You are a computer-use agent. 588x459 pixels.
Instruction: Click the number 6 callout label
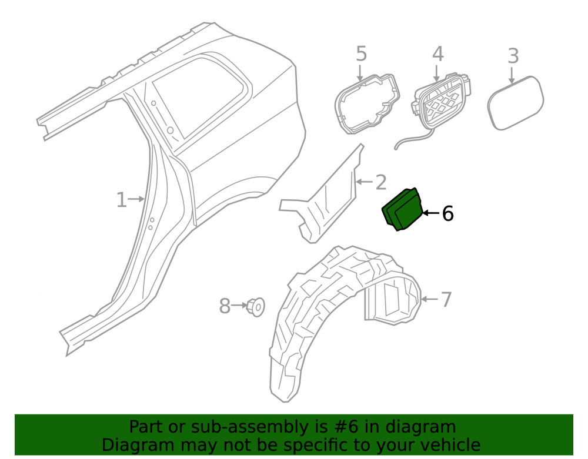tap(447, 213)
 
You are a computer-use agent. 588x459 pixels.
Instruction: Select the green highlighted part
tap(402, 209)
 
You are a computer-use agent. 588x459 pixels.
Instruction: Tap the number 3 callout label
tap(513, 56)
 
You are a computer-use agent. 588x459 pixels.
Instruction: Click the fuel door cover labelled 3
tap(515, 103)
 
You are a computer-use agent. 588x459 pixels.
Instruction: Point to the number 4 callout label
tap(437, 54)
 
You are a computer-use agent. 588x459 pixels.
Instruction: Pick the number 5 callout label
tap(361, 53)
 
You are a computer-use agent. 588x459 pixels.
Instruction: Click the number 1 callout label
tap(121, 200)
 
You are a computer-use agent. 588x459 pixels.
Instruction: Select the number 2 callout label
tap(380, 182)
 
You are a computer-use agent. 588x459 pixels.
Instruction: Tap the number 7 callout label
tap(446, 300)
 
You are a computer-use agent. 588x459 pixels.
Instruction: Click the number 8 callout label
tap(225, 306)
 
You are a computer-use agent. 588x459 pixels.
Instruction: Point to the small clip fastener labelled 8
tap(256, 307)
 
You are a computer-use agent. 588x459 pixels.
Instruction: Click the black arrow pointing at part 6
tap(431, 213)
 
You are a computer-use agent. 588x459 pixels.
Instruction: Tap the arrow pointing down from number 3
tap(512, 75)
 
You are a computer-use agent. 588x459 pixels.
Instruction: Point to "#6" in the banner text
tap(346, 427)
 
